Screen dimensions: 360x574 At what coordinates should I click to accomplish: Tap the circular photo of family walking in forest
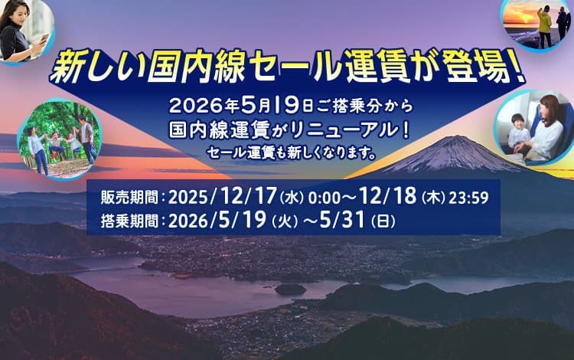tap(60, 138)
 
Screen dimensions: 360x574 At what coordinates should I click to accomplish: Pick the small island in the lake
tap(291, 289)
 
